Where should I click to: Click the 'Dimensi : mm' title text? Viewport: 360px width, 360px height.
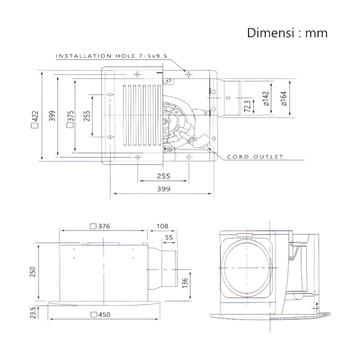click(x=287, y=33)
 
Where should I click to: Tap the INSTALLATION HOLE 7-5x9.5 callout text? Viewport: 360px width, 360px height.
click(x=112, y=56)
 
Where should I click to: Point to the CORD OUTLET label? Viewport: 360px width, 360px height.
click(x=255, y=157)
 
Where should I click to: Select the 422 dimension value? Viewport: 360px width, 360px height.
click(x=35, y=119)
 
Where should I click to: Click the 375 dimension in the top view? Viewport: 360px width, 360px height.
click(x=70, y=119)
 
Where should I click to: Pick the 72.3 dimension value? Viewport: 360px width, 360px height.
click(x=247, y=106)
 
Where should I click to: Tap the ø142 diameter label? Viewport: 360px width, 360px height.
click(x=265, y=99)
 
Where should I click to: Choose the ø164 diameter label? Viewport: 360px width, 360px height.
click(x=284, y=99)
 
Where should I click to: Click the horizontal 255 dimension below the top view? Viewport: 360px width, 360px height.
click(x=164, y=176)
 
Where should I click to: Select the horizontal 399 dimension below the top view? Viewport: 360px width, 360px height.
click(x=164, y=189)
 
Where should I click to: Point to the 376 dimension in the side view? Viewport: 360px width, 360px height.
click(x=100, y=226)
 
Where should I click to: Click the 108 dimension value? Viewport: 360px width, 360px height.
click(x=163, y=226)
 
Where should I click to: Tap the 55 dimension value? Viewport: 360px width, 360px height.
click(x=169, y=238)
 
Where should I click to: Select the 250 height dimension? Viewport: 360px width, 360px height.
click(x=33, y=272)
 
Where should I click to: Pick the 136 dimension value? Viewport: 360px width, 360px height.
click(x=185, y=283)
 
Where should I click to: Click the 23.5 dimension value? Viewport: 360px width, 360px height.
click(x=33, y=313)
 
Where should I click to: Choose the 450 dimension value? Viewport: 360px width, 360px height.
click(x=100, y=315)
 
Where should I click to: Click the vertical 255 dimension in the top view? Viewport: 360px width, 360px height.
click(x=87, y=116)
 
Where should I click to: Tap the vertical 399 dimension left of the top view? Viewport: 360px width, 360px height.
click(x=52, y=116)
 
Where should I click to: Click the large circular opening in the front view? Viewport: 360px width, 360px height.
click(x=246, y=268)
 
